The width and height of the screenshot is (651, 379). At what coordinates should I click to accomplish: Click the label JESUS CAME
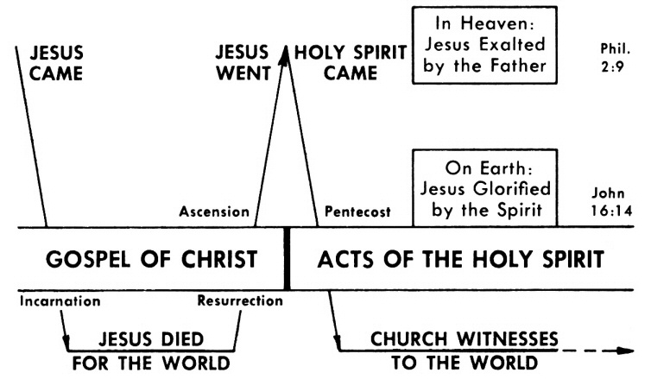[x=57, y=63]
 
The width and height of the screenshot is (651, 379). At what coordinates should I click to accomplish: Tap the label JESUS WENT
[x=243, y=63]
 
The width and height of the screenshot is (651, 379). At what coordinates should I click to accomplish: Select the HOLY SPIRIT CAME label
[x=351, y=63]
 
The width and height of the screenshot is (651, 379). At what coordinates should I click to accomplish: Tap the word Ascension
[x=214, y=212]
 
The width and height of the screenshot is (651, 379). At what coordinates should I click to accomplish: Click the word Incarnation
[x=60, y=302]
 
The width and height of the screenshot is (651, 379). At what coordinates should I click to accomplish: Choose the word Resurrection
[x=239, y=302]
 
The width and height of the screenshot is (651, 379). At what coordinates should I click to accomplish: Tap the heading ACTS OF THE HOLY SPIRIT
[x=459, y=259]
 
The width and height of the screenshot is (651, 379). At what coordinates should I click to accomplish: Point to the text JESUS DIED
[x=153, y=338]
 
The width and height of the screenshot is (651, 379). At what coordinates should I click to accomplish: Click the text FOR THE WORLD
[x=153, y=361]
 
